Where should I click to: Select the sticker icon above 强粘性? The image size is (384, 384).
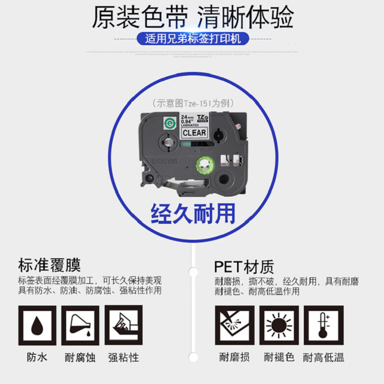click(x=123, y=325)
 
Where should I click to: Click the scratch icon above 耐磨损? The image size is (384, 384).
click(x=234, y=325)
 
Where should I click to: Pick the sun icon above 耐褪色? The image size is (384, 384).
click(x=279, y=325)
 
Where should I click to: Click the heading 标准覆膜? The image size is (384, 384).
click(x=49, y=265)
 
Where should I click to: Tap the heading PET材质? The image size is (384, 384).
click(x=244, y=265)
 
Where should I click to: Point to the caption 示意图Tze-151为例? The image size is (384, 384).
click(x=192, y=103)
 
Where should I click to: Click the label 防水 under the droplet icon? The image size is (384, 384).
click(x=37, y=358)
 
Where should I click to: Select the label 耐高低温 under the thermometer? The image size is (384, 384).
click(x=324, y=358)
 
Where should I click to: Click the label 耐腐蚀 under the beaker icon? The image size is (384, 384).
click(x=80, y=358)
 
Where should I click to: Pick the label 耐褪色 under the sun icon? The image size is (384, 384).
click(x=279, y=358)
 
